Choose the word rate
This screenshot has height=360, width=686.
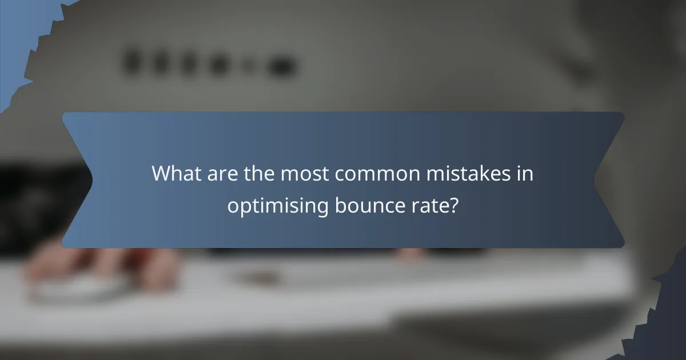pyautogui.click(x=431, y=205)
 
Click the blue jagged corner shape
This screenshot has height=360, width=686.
pyautogui.click(x=17, y=34)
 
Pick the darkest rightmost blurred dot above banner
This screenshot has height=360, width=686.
pyautogui.click(x=281, y=67)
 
